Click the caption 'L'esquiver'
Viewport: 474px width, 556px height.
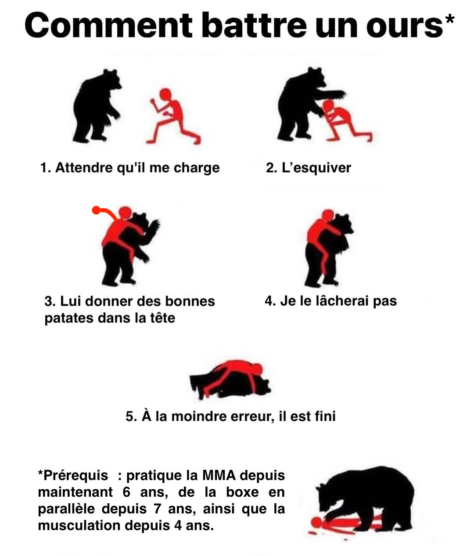pyautogui.click(x=308, y=168)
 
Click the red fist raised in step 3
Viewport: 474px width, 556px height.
pyautogui.click(x=96, y=210)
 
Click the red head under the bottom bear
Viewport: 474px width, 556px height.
pyautogui.click(x=316, y=522)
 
